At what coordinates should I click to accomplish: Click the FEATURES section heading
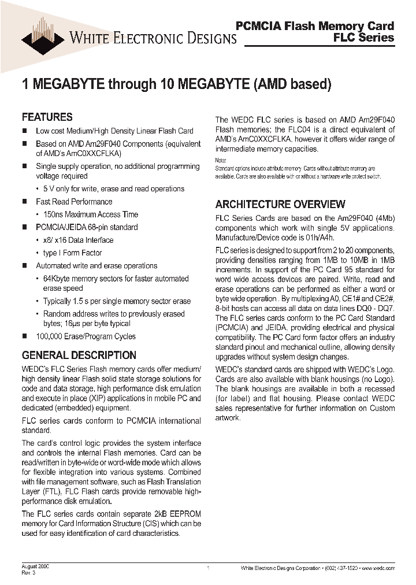47,117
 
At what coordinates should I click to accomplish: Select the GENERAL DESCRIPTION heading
79,355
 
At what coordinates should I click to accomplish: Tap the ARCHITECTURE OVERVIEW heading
280,204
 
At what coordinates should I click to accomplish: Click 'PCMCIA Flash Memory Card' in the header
315,25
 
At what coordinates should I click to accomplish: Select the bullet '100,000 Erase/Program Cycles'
86,336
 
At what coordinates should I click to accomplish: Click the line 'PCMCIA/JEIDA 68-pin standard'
87,227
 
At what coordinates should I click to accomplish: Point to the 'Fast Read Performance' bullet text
74,202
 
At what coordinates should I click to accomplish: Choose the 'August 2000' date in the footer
35,567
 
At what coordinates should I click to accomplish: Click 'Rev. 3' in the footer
29,573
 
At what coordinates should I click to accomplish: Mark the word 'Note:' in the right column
221,160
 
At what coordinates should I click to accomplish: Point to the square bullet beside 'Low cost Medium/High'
24,131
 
